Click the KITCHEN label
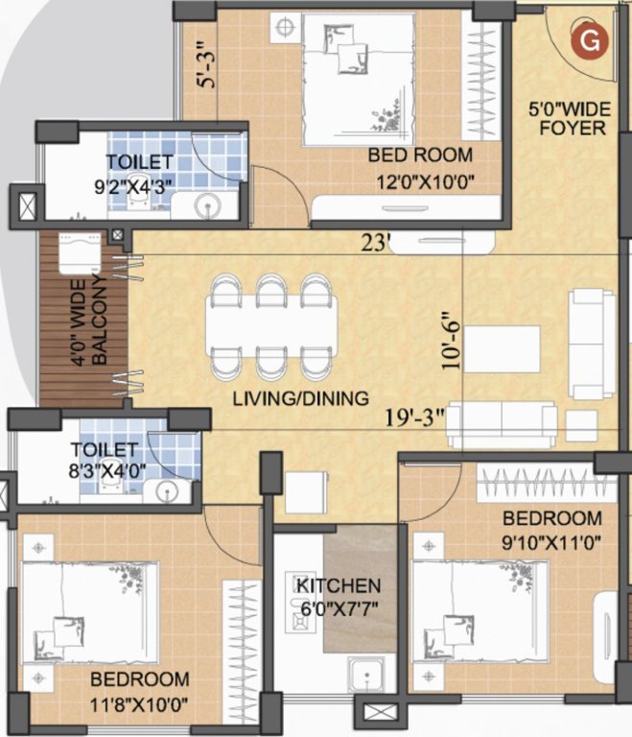pyautogui.click(x=338, y=585)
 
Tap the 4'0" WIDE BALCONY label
pyautogui.click(x=96, y=320)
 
